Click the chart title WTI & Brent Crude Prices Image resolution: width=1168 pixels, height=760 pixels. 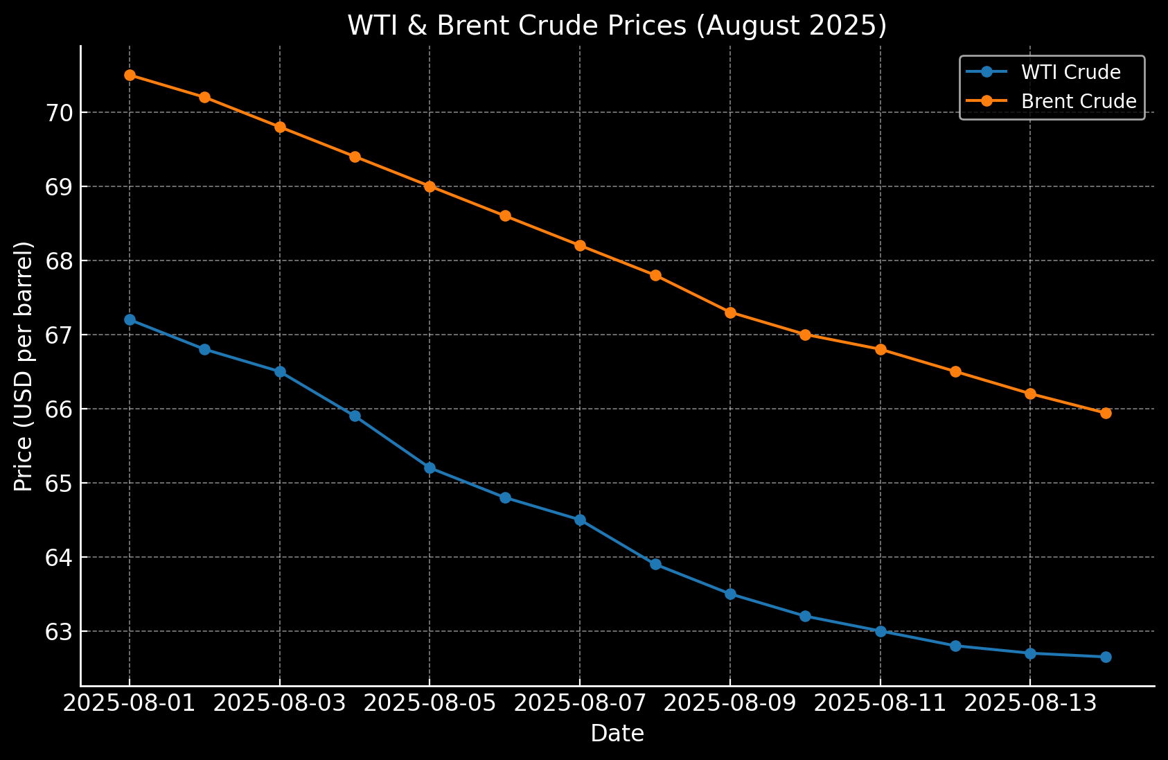(617, 26)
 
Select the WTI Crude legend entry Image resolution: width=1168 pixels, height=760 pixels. (1070, 72)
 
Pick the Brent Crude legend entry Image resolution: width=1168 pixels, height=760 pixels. (1079, 101)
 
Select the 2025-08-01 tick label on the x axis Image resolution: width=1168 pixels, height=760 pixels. (130, 705)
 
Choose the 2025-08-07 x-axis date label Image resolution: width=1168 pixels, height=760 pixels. (580, 705)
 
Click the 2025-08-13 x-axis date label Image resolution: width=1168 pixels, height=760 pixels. (1030, 705)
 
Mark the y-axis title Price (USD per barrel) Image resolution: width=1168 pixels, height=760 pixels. (24, 366)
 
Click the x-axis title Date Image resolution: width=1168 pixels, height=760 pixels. (617, 734)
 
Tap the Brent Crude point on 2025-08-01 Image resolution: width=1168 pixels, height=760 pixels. (130, 75)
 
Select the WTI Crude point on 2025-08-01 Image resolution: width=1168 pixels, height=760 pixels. (130, 319)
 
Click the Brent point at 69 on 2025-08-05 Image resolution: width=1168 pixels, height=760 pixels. (430, 186)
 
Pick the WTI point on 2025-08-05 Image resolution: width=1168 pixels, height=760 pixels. (430, 468)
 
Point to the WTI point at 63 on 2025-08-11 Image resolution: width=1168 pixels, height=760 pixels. (881, 631)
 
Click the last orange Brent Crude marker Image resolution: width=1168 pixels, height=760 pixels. (1106, 413)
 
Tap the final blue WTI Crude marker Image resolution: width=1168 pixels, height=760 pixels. (1106, 657)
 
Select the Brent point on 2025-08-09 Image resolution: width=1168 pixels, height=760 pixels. (730, 312)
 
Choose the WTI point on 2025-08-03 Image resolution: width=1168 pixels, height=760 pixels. (280, 371)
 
